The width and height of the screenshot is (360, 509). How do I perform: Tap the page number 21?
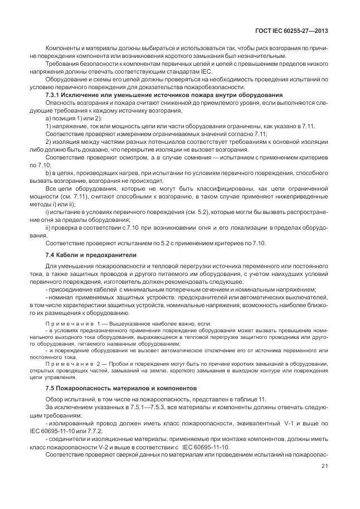pyautogui.click(x=324, y=467)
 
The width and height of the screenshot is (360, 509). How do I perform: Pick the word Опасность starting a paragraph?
pyautogui.click(x=61, y=103)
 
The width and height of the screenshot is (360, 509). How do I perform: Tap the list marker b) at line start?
pyautogui.click(x=47, y=173)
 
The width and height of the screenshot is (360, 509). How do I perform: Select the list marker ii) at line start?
pyautogui.click(x=48, y=228)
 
